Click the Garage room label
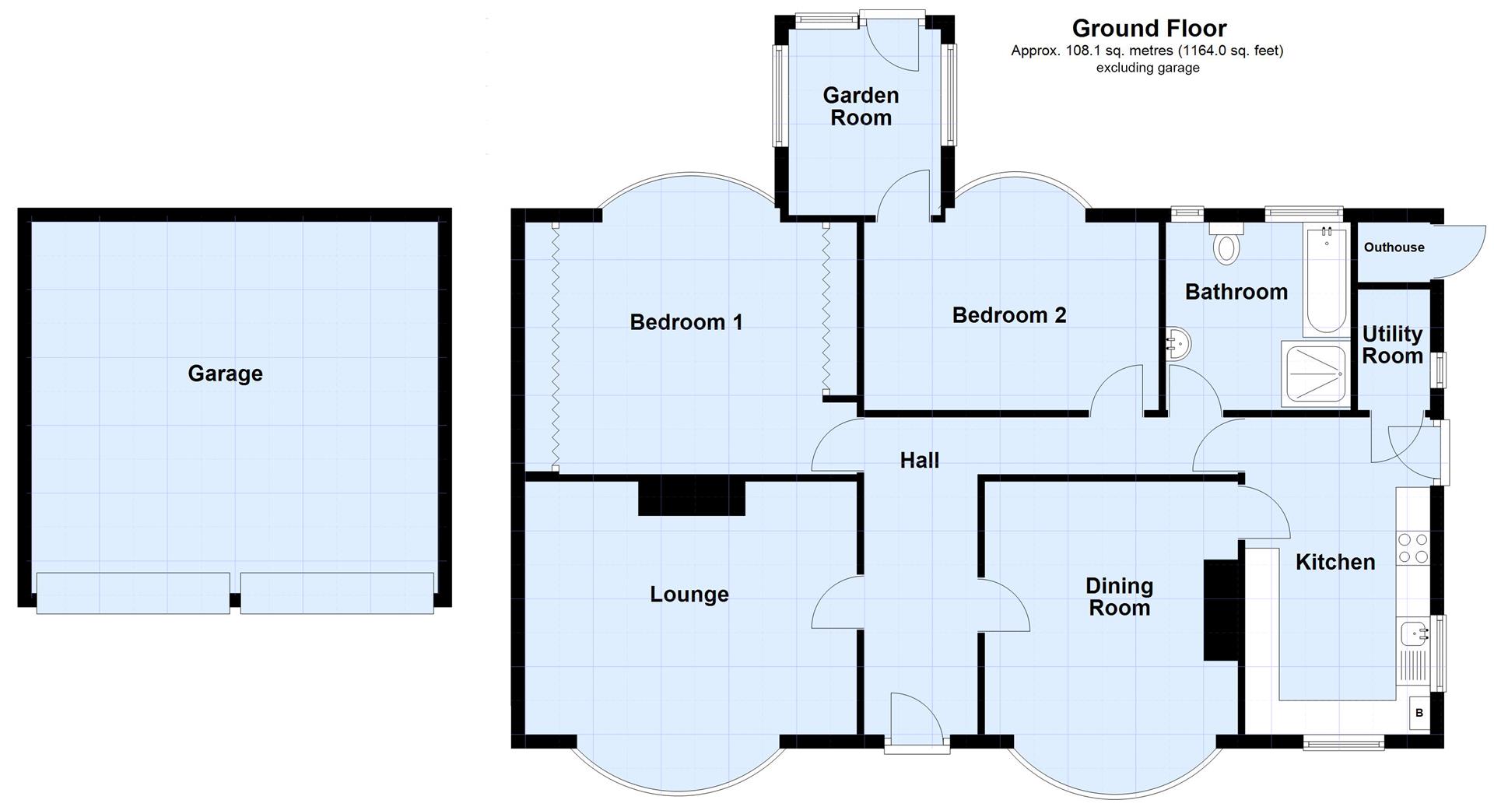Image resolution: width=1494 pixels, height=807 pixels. (x=225, y=374)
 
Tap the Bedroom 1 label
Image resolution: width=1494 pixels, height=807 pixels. (x=686, y=321)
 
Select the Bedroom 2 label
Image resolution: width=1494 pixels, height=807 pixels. (x=1008, y=315)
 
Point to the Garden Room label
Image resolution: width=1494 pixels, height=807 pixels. (x=861, y=107)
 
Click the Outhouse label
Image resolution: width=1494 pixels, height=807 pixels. (x=1394, y=247)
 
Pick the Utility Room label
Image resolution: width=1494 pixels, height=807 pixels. (x=1392, y=345)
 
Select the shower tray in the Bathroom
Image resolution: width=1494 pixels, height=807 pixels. (x=1315, y=374)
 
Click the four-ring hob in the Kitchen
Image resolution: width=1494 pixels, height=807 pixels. (x=1412, y=547)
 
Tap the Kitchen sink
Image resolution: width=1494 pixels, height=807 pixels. (x=1414, y=634)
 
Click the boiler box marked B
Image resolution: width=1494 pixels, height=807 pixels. (x=1419, y=713)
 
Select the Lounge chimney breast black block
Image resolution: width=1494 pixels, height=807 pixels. (x=691, y=497)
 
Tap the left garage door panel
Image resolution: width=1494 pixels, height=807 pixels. (x=133, y=593)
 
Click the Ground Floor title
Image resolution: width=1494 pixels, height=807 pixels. (x=1149, y=28)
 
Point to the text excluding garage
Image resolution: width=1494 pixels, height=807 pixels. (x=1147, y=68)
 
